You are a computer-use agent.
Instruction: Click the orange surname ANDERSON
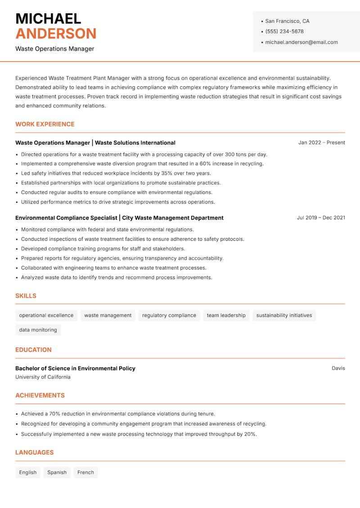(x=56, y=34)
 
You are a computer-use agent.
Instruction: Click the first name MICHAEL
(x=48, y=18)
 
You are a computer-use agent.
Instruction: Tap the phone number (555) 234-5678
(x=284, y=31)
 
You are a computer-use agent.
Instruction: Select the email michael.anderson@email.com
(x=301, y=42)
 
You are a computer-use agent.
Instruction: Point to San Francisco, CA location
(x=287, y=21)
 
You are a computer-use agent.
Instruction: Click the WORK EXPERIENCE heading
(x=45, y=124)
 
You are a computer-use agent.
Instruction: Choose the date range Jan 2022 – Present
(x=321, y=143)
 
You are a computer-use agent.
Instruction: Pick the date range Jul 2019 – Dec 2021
(x=320, y=218)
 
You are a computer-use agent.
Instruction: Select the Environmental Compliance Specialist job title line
(x=119, y=218)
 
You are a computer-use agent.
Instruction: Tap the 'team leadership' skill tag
(x=226, y=315)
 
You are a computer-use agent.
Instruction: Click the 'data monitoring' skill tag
(x=38, y=330)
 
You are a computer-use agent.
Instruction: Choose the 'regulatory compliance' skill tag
(x=169, y=315)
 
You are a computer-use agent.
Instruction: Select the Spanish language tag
(x=57, y=472)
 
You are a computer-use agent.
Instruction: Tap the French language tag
(x=85, y=472)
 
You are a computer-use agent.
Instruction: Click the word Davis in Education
(x=338, y=368)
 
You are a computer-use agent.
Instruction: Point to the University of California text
(x=43, y=377)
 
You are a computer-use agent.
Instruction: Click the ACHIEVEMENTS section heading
(x=40, y=395)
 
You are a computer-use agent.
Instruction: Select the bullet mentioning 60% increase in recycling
(x=142, y=164)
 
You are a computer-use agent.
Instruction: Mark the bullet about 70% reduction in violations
(x=118, y=414)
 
